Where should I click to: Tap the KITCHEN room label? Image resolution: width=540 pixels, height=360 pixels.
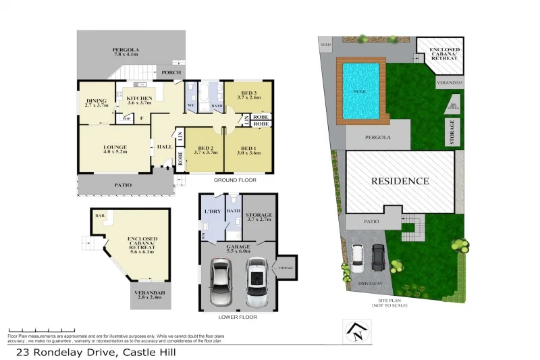140,99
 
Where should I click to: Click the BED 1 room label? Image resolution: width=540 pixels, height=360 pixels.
248,148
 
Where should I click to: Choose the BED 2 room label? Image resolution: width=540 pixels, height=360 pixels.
205,148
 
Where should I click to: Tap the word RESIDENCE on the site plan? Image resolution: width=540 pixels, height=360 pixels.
398,181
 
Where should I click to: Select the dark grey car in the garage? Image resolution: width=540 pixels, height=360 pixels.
222,282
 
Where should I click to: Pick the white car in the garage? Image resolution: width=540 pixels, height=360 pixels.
256,281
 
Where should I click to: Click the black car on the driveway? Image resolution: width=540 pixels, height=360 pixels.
379,256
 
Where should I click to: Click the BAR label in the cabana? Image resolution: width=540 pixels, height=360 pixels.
99,216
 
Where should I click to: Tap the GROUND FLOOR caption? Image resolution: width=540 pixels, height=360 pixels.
234,180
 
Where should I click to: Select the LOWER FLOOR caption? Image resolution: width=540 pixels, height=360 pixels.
238,316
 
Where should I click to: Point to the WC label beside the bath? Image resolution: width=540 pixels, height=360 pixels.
190,106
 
